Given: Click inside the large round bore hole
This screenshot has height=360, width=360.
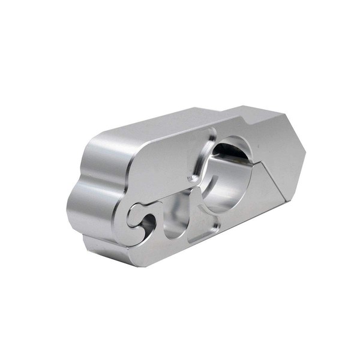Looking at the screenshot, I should pos(231,180).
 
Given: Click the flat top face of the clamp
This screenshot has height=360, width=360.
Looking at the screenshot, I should pos(180,120).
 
